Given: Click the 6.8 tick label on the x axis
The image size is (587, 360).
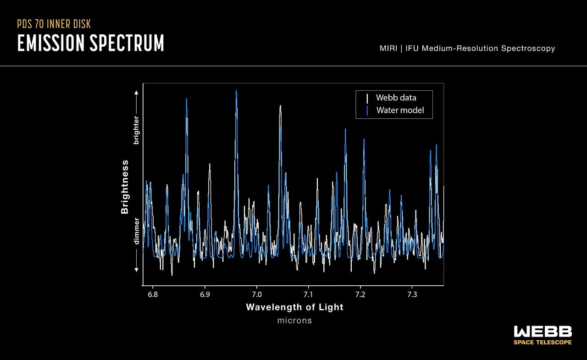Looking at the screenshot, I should (x=153, y=294).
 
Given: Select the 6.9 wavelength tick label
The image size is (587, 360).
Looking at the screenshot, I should (x=205, y=294).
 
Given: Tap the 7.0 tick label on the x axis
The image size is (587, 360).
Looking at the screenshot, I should (x=257, y=294).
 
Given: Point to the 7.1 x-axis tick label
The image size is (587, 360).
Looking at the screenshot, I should (x=308, y=294).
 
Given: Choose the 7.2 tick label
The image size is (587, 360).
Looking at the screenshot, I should (x=360, y=294).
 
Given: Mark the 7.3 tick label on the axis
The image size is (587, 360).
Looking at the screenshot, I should (x=412, y=294).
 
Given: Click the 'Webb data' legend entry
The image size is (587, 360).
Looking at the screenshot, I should (x=396, y=98).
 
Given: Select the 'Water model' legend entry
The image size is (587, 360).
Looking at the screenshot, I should (x=400, y=110).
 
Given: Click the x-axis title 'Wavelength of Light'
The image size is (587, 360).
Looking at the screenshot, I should (x=294, y=307).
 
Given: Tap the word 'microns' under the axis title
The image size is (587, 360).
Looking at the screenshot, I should (x=294, y=321).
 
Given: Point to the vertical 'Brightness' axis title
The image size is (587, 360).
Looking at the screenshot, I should (x=125, y=187).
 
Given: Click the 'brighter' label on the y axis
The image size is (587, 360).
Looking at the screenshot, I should (x=136, y=130).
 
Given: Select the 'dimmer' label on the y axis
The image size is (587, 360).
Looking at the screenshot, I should (x=136, y=231).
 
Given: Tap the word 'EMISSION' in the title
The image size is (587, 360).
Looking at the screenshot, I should (x=50, y=43).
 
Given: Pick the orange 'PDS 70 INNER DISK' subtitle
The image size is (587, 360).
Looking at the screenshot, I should (x=57, y=24).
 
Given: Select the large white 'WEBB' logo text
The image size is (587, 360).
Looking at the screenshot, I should (x=543, y=332).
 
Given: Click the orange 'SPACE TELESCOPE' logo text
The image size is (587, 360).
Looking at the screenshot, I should (x=543, y=342).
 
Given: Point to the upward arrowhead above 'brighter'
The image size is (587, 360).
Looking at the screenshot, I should (x=136, y=92).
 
